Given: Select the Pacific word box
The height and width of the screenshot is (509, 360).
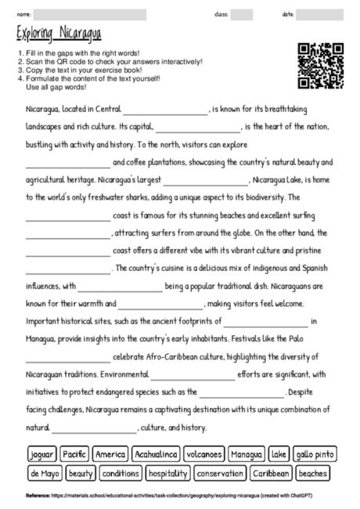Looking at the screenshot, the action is click(74, 454).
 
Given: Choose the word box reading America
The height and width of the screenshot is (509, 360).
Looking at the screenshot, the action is click(110, 454).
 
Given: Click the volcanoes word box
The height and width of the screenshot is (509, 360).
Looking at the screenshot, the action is click(206, 454).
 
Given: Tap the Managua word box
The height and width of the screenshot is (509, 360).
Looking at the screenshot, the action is click(247, 454).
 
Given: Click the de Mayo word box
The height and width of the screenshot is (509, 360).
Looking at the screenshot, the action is click(44, 473).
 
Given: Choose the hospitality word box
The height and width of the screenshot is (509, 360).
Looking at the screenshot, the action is click(168, 473).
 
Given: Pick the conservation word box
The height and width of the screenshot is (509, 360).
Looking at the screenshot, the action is click(220, 473).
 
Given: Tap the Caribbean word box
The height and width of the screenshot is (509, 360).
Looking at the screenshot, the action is click(272, 473).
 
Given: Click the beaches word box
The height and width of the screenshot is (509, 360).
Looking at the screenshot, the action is click(313, 473).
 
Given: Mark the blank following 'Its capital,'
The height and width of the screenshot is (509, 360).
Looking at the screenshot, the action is click(198, 127).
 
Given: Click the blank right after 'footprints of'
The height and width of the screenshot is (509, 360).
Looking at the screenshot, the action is click(266, 322).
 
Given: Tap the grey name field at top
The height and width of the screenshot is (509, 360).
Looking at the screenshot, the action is click(90, 14).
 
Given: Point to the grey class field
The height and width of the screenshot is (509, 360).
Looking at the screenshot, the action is click(241, 14).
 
